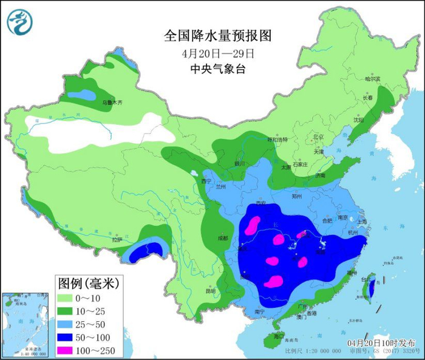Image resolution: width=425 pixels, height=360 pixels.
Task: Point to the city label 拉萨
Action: pyautogui.click(x=117, y=240)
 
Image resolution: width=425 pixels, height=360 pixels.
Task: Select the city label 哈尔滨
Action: pyautogui.click(x=372, y=79)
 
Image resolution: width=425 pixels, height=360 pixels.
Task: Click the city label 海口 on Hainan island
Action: pyautogui.click(x=279, y=335)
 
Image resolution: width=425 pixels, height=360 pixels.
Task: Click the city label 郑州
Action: pyautogui.click(x=296, y=197)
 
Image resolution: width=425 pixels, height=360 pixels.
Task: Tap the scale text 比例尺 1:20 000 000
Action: pyautogui.click(x=310, y=352)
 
